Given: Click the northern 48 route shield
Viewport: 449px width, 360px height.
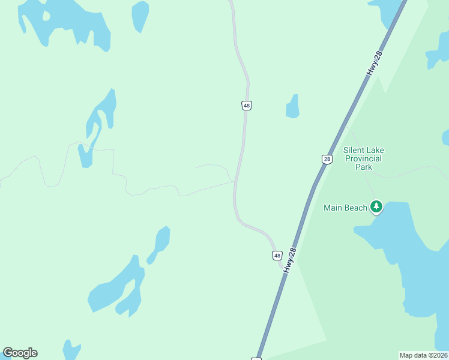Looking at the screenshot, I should [247, 105].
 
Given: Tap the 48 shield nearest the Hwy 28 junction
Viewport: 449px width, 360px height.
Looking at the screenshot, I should [277, 255].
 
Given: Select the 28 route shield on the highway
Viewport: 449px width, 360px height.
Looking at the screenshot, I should [327, 159].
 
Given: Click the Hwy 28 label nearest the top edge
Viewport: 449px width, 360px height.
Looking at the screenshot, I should [375, 63].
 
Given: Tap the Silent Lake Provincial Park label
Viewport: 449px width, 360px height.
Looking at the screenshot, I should [364, 158].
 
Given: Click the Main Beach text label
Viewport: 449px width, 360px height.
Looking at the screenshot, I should [345, 208].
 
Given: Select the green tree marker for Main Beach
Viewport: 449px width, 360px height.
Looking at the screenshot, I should [376, 207].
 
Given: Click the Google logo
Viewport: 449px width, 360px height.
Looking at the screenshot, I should [20, 353].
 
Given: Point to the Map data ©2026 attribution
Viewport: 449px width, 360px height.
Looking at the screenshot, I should [424, 355].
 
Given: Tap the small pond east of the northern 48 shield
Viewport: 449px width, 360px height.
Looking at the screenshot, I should [293, 107].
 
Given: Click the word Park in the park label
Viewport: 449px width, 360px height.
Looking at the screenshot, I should [364, 167].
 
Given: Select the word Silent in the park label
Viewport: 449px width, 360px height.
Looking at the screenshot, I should [355, 150].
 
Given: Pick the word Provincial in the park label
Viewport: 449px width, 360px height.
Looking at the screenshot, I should [364, 158].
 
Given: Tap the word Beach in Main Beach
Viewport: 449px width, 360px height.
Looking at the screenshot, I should [355, 208].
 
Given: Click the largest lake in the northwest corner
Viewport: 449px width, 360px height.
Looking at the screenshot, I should [66, 21].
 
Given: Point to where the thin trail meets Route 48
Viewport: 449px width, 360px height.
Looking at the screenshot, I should [234, 181].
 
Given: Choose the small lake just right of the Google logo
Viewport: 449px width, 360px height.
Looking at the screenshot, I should [71, 349].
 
